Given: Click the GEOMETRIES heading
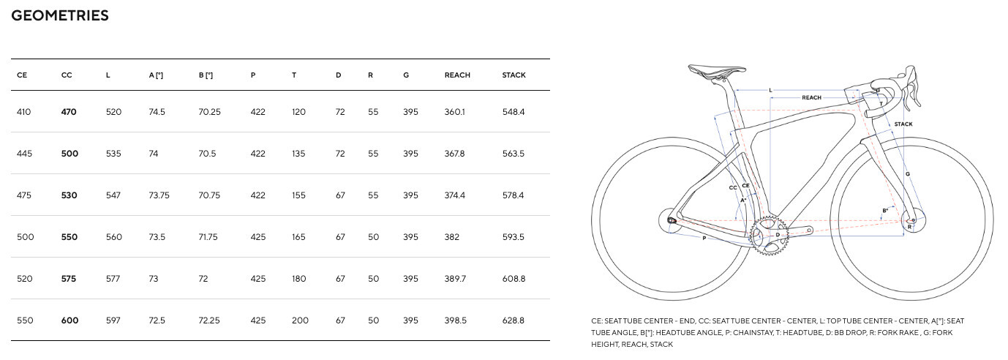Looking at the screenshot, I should (60, 15).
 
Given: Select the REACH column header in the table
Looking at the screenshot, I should (457, 75).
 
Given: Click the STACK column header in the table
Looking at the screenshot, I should (514, 75).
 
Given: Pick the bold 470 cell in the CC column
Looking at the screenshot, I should (69, 112).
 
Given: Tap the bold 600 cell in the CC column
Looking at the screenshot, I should (69, 320).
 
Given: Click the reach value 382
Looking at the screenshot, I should (453, 237).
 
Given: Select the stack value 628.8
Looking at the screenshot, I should (514, 320).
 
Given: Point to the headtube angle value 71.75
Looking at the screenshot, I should (209, 237).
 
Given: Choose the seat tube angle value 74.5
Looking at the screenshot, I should (157, 112).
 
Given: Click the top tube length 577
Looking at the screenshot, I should (113, 279).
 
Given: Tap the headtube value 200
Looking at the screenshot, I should (300, 320).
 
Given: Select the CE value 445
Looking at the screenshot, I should (25, 154).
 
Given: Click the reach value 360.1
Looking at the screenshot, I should (455, 112).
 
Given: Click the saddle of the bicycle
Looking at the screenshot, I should (709, 72).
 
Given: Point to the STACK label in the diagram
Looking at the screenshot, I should (903, 124).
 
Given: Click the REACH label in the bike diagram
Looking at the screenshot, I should (811, 97).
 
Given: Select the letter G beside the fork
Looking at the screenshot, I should (908, 174).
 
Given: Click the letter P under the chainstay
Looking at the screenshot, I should (704, 239).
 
